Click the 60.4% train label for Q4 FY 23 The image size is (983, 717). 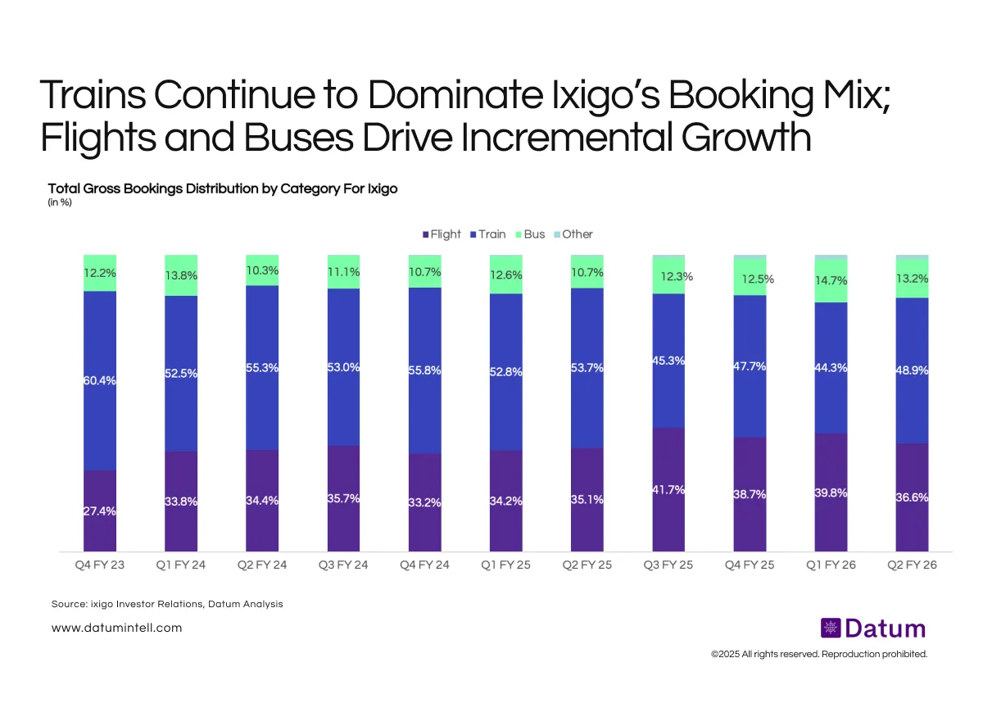pyautogui.click(x=100, y=380)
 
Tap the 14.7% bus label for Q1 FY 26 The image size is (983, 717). pyautogui.click(x=831, y=280)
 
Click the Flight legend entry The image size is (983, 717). pyautogui.click(x=442, y=234)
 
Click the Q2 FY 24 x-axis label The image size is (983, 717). pyautogui.click(x=262, y=565)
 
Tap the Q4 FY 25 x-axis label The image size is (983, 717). pyautogui.click(x=750, y=565)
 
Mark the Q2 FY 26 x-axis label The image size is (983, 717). pyautogui.click(x=912, y=565)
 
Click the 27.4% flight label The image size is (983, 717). pyautogui.click(x=100, y=511)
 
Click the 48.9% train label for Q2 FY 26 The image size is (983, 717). pyautogui.click(x=912, y=370)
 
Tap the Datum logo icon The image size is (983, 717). pyautogui.click(x=831, y=629)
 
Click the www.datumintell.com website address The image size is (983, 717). pyautogui.click(x=116, y=628)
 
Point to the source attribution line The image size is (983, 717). pyautogui.click(x=166, y=604)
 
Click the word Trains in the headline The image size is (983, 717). pyautogui.click(x=92, y=97)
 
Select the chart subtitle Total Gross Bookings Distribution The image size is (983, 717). pyautogui.click(x=223, y=188)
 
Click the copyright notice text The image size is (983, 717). pyautogui.click(x=819, y=654)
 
